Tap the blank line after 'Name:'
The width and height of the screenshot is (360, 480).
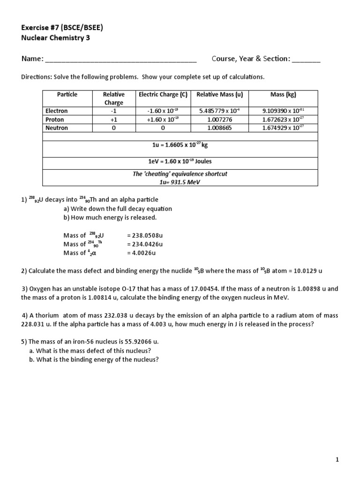pos(121,60)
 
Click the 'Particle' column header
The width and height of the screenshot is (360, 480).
pos(67,94)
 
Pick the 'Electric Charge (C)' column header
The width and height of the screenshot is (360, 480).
pos(163,94)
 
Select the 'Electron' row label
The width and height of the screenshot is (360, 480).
pos(56,111)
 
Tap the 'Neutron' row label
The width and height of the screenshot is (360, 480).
pos(56,128)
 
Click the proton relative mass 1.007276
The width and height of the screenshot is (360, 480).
pos(219,120)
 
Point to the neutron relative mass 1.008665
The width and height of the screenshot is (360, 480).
pos(219,128)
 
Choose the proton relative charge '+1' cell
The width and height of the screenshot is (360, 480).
pos(113,120)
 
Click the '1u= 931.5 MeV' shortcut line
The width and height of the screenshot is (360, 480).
pos(180,182)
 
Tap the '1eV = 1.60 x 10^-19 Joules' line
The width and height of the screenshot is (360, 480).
pos(180,161)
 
